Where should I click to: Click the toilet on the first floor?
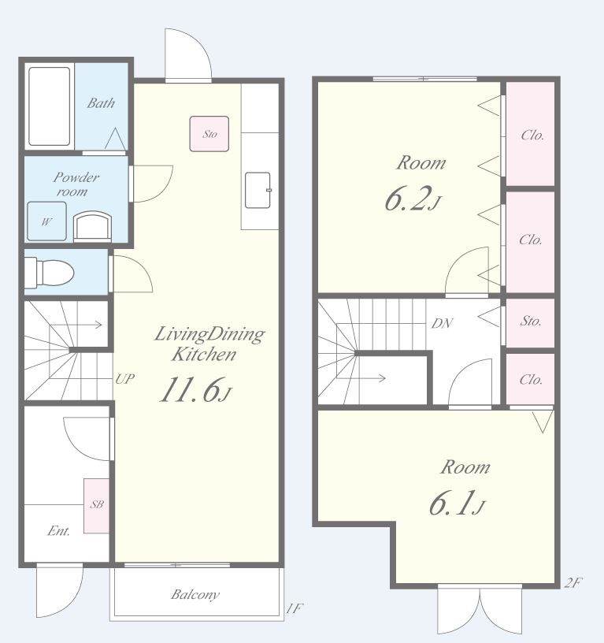[49, 273]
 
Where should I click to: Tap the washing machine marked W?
[46, 221]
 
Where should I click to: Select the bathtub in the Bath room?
[49, 106]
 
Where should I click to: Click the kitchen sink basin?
[258, 190]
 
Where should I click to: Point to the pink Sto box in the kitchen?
[209, 134]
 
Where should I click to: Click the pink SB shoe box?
[97, 506]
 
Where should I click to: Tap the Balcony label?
[195, 594]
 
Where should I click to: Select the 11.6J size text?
[195, 389]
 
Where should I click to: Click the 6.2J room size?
[413, 199]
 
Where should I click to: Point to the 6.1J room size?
[457, 503]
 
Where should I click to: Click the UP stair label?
[124, 379]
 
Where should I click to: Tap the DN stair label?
[442, 324]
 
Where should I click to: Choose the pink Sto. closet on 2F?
[530, 323]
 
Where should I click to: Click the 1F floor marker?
[295, 608]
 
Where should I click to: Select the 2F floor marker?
[573, 583]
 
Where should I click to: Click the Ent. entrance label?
[58, 531]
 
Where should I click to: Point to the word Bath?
[101, 103]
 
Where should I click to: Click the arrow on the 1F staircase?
[76, 325]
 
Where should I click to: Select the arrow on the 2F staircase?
[361, 377]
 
